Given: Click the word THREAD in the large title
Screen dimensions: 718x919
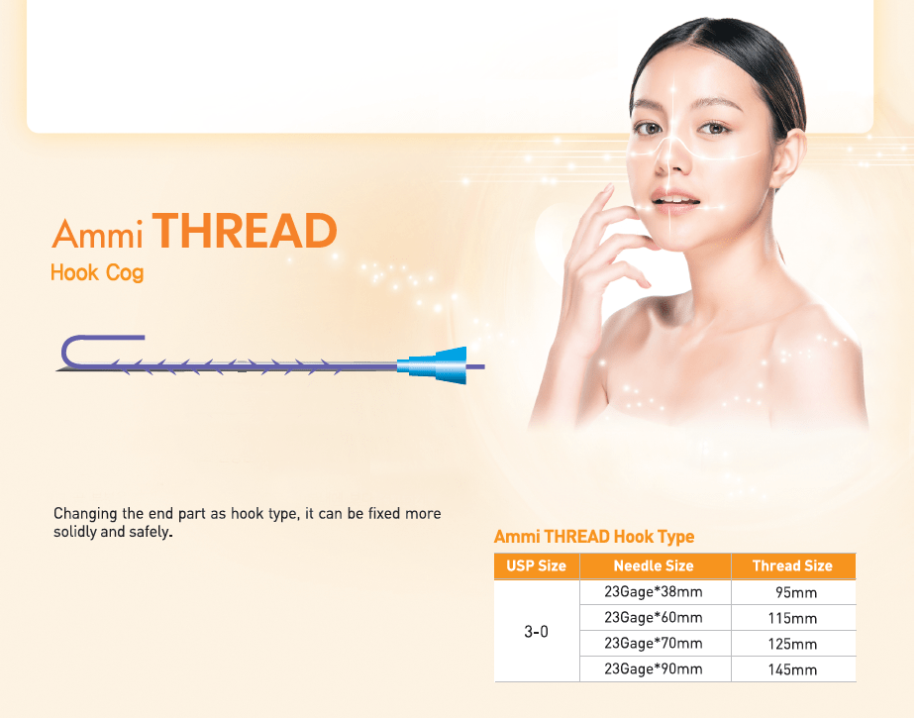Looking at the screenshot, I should tap(246, 232).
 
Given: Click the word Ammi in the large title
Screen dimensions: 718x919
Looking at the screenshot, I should tap(97, 234).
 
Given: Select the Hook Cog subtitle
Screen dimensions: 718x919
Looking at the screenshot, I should tap(97, 272).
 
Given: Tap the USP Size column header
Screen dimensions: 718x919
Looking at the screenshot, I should tap(536, 565).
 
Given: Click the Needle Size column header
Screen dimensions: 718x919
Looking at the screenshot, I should tap(654, 565).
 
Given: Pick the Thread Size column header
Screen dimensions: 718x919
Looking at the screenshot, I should tap(792, 565).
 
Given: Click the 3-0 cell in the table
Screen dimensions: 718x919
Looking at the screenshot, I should tap(536, 631).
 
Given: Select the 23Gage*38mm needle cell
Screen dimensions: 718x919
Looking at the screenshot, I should tap(654, 592).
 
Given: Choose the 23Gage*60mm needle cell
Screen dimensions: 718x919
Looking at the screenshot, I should tap(654, 618).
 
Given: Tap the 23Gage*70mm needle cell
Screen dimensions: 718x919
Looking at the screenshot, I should tap(654, 644).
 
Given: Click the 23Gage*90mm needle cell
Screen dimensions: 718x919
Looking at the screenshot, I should tap(654, 669).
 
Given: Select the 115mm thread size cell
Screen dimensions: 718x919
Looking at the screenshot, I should tap(792, 619).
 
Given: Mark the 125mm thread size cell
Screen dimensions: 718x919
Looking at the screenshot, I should tap(792, 645).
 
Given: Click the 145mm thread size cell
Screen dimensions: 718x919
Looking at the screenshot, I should tap(792, 670).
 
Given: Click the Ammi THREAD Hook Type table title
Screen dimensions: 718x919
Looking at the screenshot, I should tap(594, 537).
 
